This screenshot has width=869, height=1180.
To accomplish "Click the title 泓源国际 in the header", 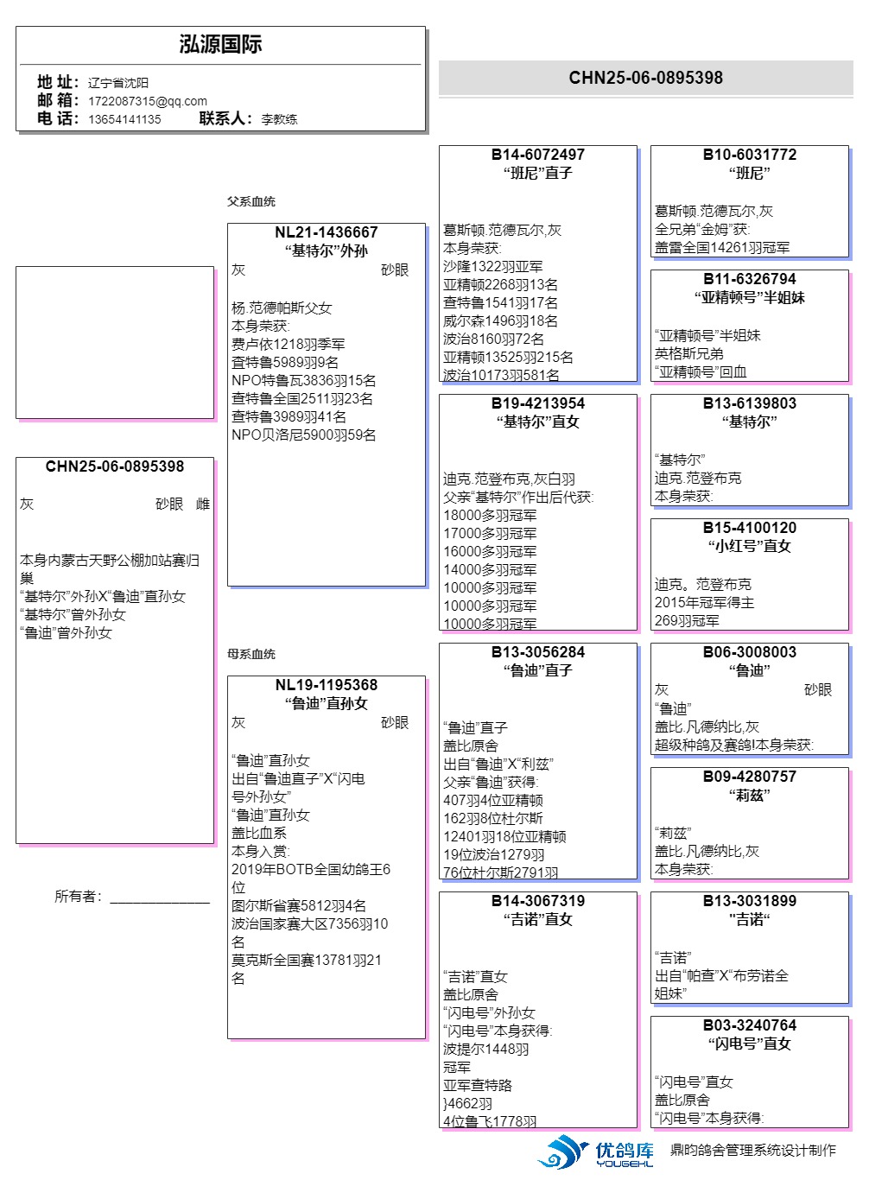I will (x=220, y=45).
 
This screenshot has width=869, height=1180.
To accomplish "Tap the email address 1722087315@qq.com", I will (x=147, y=101).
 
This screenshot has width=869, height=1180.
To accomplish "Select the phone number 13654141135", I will (x=124, y=119).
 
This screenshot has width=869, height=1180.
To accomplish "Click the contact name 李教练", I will (x=279, y=119).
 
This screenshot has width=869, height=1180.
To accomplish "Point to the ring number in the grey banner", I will (x=645, y=78).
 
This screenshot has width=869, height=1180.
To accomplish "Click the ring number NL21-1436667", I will (x=327, y=232).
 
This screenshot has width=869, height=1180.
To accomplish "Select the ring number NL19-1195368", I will (x=327, y=685).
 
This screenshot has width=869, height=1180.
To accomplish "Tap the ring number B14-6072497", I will (x=538, y=155).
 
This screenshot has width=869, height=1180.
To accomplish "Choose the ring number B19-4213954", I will (x=538, y=403).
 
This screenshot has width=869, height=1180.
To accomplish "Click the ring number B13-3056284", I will (x=538, y=652).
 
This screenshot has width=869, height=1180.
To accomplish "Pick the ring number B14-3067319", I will (x=538, y=901).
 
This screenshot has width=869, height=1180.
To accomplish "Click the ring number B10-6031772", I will (x=750, y=155).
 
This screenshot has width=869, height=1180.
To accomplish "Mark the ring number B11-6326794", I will (x=750, y=279).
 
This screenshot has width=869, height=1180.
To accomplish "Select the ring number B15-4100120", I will (x=750, y=528).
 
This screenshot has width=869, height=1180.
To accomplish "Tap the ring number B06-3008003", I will (x=750, y=652).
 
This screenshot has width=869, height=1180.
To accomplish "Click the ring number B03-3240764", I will (x=750, y=1025).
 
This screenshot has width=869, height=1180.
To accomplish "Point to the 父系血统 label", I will (x=251, y=201).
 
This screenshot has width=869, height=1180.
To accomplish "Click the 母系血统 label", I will (x=251, y=654).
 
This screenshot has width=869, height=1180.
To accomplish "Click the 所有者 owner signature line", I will (x=159, y=899).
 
